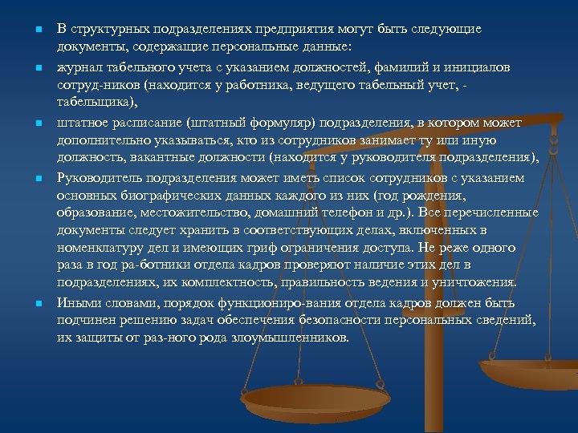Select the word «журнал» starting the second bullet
coord(79,69)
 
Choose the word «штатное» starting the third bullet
coord(83,123)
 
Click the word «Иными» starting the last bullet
coord(77,302)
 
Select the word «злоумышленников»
coord(288,338)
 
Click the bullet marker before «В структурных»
coord(39,30)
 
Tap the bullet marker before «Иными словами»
coord(39,303)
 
